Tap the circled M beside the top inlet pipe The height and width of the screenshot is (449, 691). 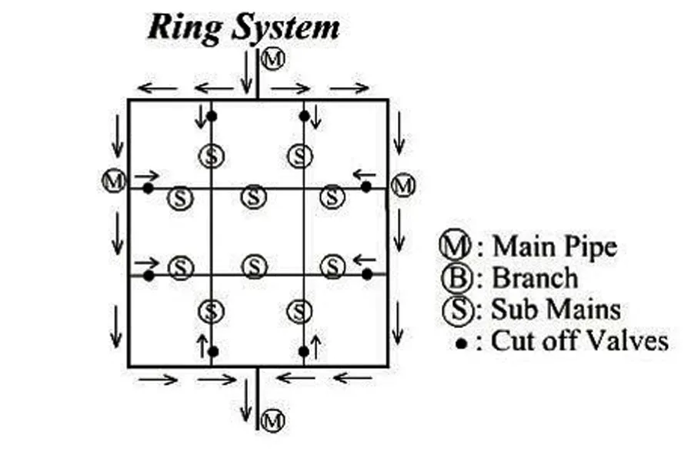click(x=270, y=57)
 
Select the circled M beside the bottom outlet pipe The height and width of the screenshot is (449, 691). click(x=270, y=420)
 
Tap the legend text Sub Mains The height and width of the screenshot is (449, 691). click(x=548, y=308)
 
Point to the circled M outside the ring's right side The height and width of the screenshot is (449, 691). click(x=402, y=185)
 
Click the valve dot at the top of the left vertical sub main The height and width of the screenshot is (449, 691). click(x=212, y=116)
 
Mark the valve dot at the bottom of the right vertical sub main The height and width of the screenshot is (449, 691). click(x=303, y=351)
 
